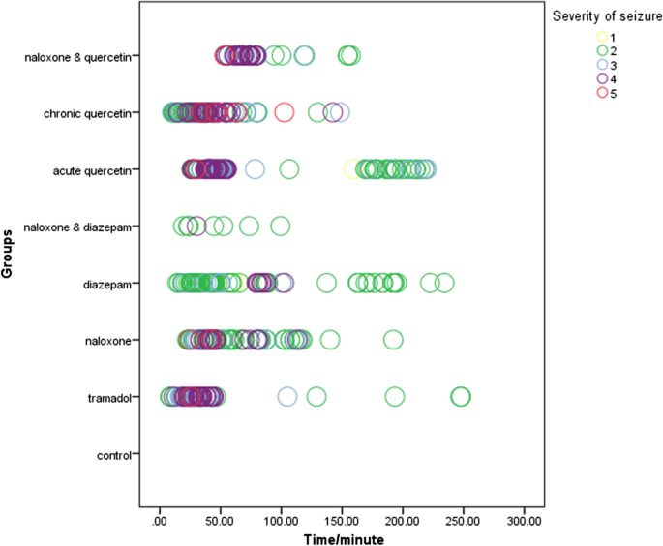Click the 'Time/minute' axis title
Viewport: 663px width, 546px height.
(342, 537)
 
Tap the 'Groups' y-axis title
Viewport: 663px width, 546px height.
(8, 255)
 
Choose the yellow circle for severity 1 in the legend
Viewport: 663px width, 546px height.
(602, 37)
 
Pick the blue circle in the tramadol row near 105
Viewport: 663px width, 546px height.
(286, 397)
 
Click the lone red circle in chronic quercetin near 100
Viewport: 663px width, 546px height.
(284, 112)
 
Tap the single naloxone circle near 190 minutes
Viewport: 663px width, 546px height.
(393, 340)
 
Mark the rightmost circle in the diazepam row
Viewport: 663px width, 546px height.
(444, 283)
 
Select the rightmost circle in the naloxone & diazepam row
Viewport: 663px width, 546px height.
(281, 227)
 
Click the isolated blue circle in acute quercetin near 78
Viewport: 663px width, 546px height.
(255, 169)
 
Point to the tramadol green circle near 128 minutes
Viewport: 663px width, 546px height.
(316, 397)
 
